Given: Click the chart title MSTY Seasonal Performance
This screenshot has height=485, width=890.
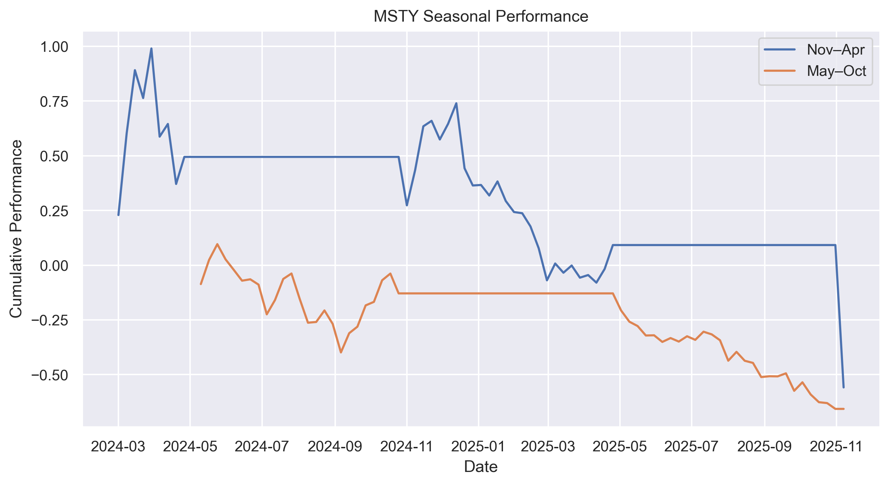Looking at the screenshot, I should tap(481, 16).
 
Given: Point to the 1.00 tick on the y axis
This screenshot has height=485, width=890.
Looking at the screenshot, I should tap(54, 47).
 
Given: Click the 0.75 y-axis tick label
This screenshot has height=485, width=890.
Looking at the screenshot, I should tap(54, 102).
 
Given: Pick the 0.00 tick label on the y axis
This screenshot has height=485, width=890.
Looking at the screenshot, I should tap(54, 266).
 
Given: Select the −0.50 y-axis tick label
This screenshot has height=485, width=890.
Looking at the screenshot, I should tap(50, 376).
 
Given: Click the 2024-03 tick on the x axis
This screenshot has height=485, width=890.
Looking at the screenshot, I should tap(118, 447).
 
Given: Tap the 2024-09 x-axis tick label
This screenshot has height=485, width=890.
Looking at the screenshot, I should tap(335, 447).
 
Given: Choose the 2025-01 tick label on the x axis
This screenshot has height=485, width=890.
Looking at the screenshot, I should tap(479, 447).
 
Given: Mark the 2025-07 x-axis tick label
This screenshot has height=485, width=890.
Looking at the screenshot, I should tap(691, 447).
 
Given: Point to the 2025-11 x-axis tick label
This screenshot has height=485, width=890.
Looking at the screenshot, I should tap(836, 447).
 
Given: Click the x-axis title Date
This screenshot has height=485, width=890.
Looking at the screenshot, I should tap(481, 467).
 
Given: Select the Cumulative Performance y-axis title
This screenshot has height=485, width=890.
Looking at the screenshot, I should tap(16, 229).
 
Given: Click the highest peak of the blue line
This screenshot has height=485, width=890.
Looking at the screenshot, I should tap(151, 49).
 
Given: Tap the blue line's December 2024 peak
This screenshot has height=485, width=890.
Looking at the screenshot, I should tap(456, 103).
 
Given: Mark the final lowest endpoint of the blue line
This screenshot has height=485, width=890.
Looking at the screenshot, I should tap(843, 388).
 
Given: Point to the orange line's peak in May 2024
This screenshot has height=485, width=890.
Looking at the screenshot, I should tap(217, 244).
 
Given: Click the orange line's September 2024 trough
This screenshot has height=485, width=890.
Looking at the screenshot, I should tap(341, 353).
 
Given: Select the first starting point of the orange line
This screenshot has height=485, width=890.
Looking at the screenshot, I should tap(201, 284).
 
